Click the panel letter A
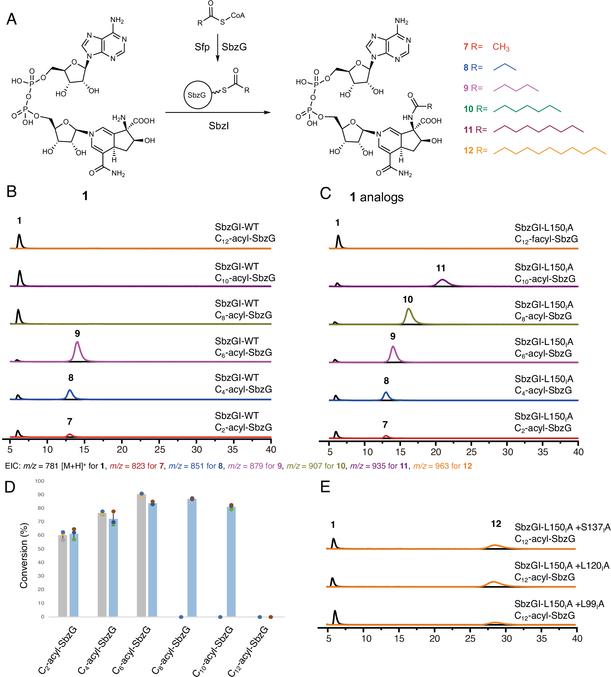tap(11, 19)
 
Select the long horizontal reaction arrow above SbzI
tap(218, 113)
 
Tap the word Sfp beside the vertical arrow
tap(202, 47)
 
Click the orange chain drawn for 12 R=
tap(549, 151)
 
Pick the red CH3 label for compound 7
tap(501, 47)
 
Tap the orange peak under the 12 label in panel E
tap(494, 546)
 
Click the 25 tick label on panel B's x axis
tap(160, 449)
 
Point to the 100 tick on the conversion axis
tap(40, 481)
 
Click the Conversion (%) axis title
tap(24, 555)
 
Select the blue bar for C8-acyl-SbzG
tap(192, 557)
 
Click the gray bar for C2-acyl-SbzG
tap(63, 576)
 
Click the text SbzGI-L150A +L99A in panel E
tap(559, 604)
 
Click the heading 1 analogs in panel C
tap(376, 197)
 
